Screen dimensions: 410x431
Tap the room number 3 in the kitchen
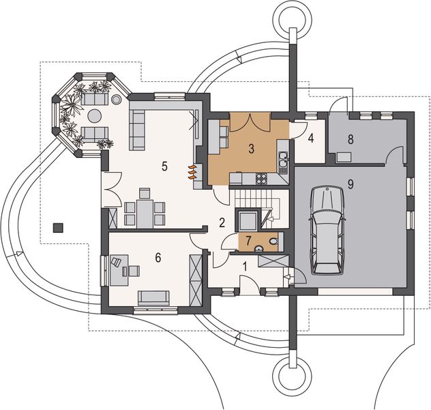251,148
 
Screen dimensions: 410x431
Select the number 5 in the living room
164,165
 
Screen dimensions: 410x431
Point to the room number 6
158,258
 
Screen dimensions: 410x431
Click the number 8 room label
351,139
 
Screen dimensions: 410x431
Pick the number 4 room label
310,140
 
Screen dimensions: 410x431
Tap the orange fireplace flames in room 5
192,170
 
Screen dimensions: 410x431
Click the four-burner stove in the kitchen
261,179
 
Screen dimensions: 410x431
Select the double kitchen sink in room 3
283,161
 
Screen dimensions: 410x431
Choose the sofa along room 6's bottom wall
153,297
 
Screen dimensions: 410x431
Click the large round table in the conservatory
94,99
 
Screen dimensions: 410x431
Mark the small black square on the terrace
60,226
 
